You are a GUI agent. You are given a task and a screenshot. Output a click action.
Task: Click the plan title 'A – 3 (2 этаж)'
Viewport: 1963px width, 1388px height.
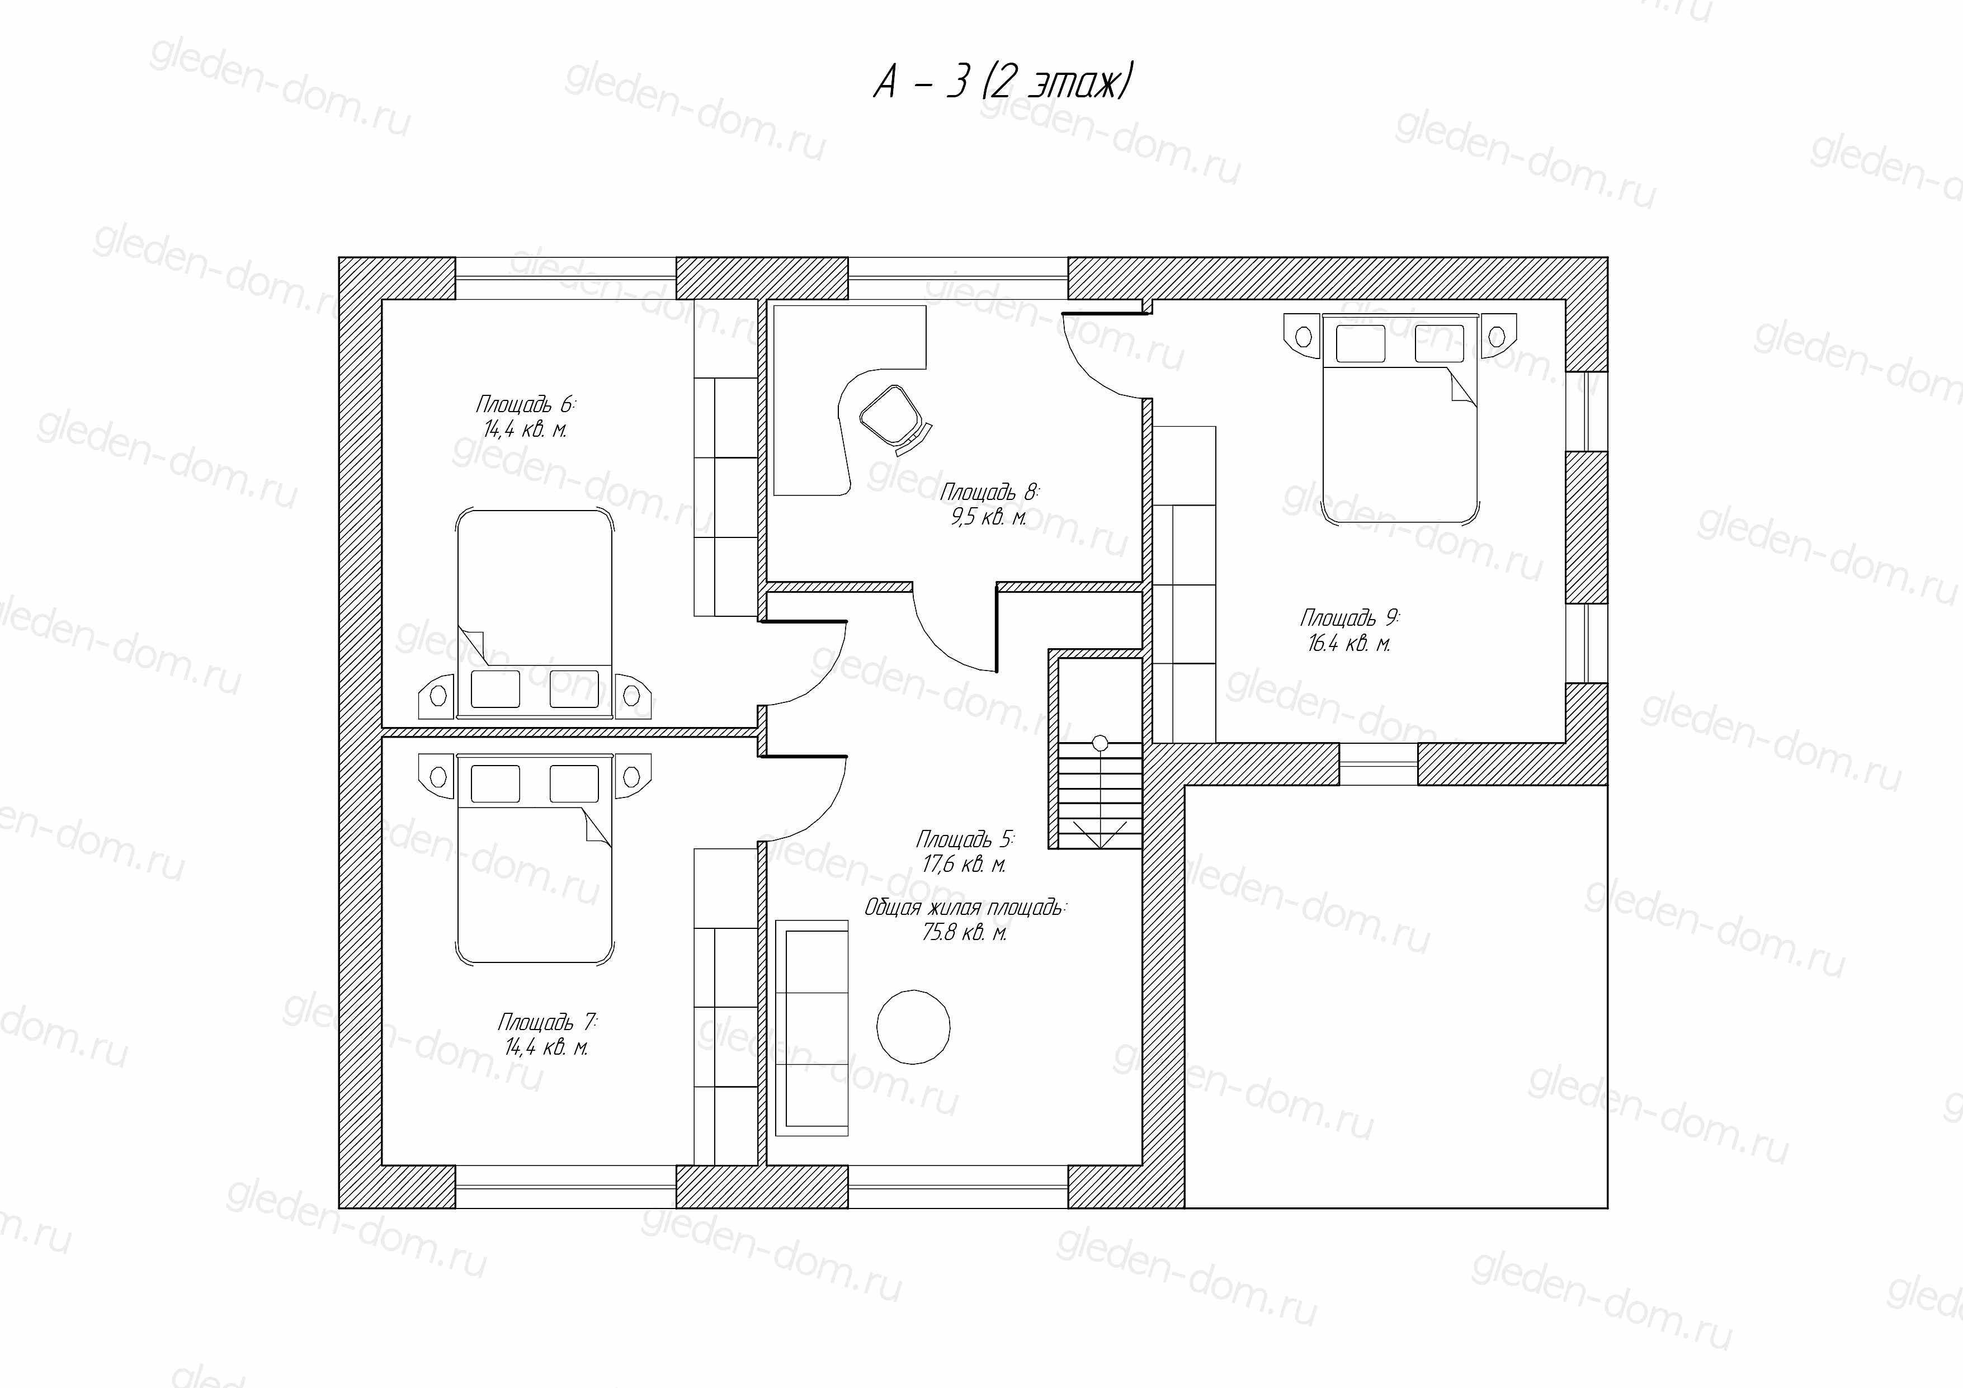pyautogui.click(x=1003, y=83)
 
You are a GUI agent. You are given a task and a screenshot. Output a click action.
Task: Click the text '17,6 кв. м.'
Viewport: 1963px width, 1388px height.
pyautogui.click(x=964, y=864)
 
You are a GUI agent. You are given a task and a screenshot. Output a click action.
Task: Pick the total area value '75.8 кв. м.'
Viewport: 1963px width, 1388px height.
pyautogui.click(x=964, y=932)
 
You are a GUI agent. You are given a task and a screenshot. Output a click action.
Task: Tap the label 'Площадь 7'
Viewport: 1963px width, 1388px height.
pyautogui.click(x=547, y=1021)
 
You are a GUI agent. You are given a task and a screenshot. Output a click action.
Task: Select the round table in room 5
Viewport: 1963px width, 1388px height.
pyautogui.click(x=913, y=1027)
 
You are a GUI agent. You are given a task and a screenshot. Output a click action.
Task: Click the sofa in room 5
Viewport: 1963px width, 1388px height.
pyautogui.click(x=811, y=1028)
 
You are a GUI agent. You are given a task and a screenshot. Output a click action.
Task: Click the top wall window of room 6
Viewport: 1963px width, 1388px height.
pyautogui.click(x=566, y=278)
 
